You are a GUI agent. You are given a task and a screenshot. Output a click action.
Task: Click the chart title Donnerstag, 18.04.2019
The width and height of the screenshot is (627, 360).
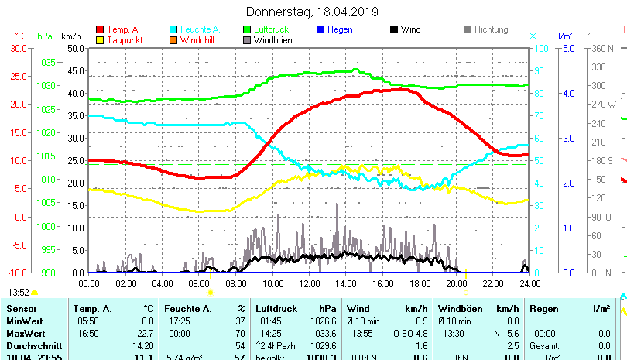(312, 12)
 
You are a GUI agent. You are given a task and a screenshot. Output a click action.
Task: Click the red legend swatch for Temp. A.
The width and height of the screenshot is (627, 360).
(100, 29)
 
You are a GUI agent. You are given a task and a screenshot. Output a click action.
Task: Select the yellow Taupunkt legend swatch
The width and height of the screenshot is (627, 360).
(100, 40)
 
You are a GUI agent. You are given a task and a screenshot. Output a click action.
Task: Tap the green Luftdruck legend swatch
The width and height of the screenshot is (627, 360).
(247, 29)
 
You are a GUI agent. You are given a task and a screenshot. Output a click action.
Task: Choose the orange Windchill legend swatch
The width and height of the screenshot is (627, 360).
(173, 40)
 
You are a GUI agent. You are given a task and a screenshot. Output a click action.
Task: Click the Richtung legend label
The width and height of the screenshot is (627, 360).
(491, 29)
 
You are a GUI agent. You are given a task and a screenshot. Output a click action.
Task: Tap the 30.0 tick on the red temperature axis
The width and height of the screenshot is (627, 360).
(18, 48)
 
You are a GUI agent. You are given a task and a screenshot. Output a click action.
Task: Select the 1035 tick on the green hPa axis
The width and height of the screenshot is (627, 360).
(46, 62)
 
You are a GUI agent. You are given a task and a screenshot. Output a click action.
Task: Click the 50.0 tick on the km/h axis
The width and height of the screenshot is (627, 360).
(75, 48)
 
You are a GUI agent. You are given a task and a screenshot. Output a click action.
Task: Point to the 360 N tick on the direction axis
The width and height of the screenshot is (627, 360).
(603, 48)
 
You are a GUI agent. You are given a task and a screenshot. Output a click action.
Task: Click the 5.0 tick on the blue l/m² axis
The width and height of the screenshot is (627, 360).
(568, 48)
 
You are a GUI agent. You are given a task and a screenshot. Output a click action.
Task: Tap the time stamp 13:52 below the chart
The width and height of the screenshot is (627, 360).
(19, 293)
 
